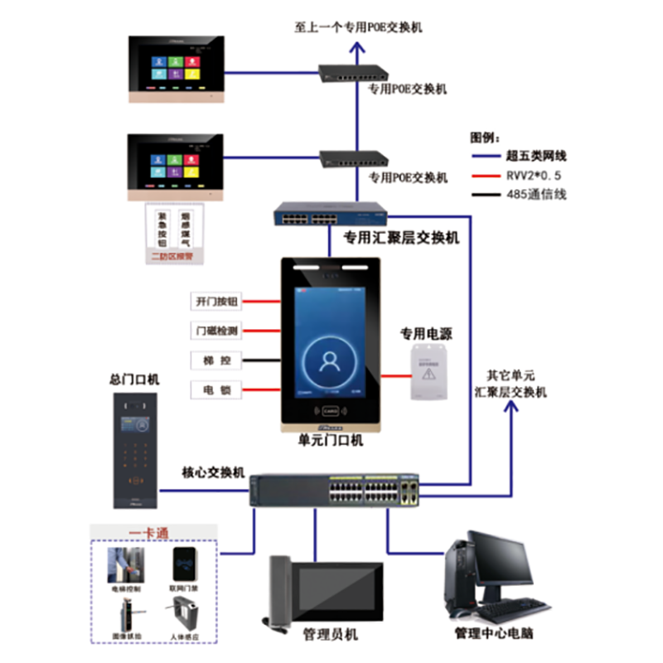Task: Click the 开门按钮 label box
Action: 216,302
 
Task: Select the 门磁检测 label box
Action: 216,331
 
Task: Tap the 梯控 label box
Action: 216,360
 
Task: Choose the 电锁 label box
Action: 216,389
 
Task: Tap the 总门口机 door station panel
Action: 135,448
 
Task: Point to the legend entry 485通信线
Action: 536,196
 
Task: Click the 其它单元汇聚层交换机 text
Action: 511,384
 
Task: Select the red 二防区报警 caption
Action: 175,257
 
